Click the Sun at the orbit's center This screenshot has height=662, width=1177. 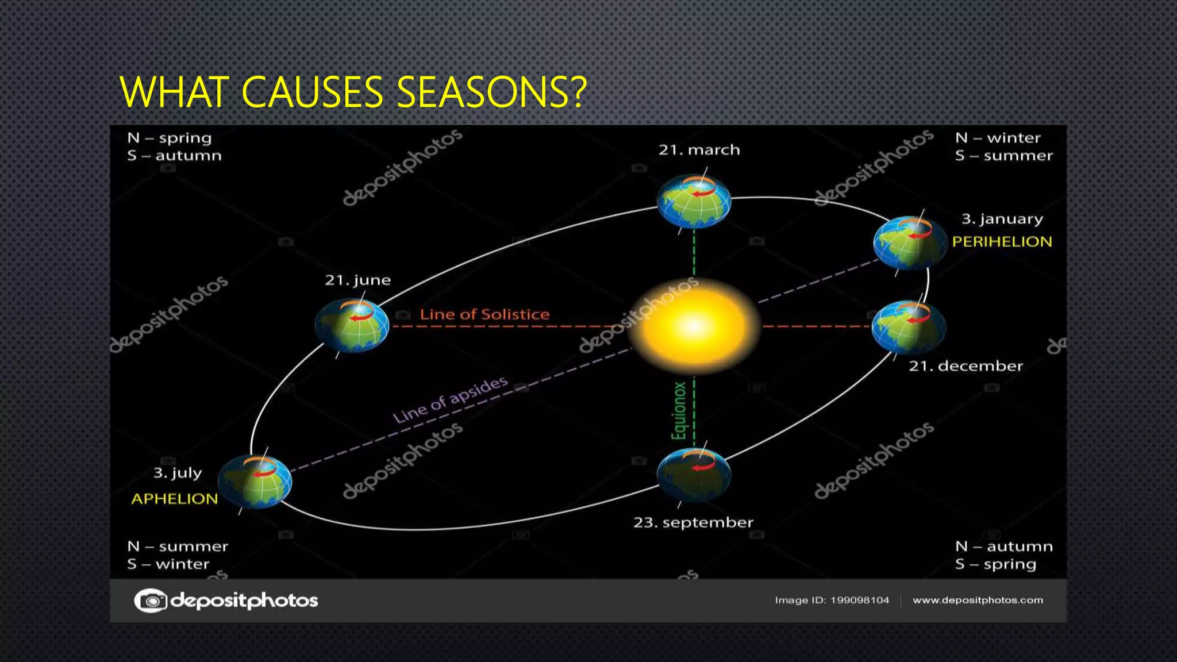[694, 326]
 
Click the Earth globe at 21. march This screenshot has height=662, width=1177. [694, 202]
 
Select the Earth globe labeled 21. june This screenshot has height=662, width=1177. [352, 326]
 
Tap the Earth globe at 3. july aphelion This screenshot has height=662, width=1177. [256, 482]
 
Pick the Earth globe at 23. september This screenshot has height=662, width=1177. [694, 475]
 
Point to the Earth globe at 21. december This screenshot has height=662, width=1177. [909, 327]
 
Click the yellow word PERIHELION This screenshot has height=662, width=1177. [1002, 242]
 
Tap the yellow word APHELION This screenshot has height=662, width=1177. [175, 499]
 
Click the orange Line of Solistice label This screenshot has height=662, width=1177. [484, 314]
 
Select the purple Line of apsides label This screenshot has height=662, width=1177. [451, 399]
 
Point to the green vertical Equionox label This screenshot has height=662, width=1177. [679, 411]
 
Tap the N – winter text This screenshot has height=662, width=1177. [998, 138]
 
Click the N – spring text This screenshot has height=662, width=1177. [170, 138]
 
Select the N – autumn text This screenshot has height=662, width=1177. [1003, 546]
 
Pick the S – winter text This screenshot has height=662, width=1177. [168, 564]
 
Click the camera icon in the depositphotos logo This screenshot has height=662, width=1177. [151, 601]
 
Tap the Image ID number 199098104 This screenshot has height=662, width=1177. [859, 601]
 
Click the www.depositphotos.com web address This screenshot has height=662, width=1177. [978, 601]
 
